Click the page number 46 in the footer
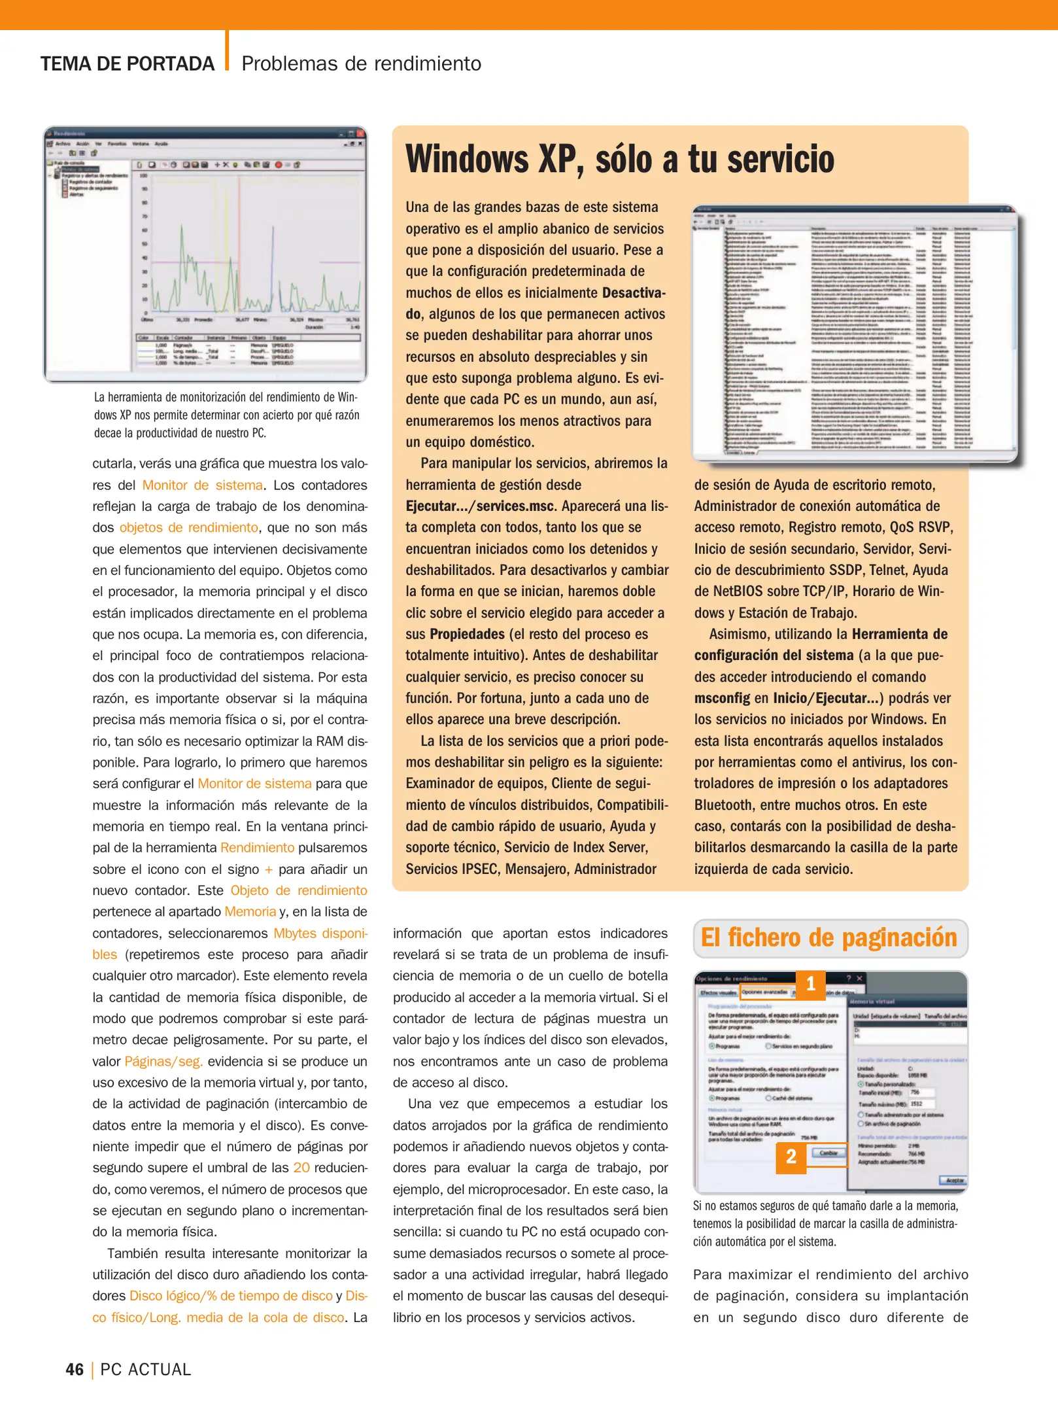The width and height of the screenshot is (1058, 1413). (75, 1369)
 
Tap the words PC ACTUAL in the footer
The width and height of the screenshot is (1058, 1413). (146, 1369)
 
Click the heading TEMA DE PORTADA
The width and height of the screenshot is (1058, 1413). (128, 64)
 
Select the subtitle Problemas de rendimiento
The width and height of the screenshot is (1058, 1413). (361, 64)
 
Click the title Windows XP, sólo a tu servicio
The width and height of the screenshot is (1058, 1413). (619, 159)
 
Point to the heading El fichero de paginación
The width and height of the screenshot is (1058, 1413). (828, 937)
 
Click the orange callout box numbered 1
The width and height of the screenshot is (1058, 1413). (810, 984)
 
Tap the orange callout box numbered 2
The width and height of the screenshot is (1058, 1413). (791, 1157)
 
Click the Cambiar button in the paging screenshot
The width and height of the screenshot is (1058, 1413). (828, 1153)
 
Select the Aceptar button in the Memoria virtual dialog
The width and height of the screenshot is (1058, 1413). (954, 1180)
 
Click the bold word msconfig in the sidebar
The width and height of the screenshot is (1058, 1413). (722, 698)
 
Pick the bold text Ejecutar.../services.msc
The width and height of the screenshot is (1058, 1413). (481, 506)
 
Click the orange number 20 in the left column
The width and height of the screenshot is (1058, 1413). (301, 1168)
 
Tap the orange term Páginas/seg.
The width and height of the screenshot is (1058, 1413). (163, 1061)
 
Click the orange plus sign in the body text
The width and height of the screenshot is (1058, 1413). (268, 869)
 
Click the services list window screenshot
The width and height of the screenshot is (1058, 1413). (853, 334)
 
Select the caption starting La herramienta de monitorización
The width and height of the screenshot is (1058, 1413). (227, 415)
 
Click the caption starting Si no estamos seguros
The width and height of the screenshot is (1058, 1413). (825, 1223)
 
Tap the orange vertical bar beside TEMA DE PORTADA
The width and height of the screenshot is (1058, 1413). (227, 51)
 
